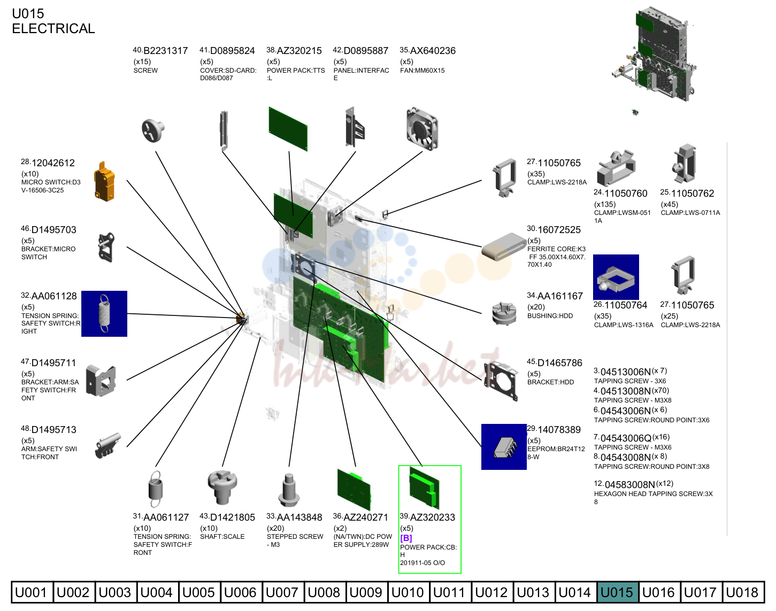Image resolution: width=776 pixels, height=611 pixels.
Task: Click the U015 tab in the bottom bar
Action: tap(617, 592)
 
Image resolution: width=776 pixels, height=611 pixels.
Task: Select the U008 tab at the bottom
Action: tap(324, 592)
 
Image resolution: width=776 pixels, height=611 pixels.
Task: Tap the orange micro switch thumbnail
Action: tap(104, 181)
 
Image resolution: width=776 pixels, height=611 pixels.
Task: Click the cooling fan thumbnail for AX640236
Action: tap(422, 129)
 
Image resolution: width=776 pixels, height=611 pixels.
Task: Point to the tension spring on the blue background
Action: tap(104, 314)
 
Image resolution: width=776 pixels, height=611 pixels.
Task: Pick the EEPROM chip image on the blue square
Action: tap(504, 447)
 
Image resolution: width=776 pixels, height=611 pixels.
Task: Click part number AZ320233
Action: tap(433, 517)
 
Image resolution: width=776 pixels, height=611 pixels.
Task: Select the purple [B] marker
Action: tap(406, 538)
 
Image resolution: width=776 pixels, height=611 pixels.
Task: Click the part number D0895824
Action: tap(232, 51)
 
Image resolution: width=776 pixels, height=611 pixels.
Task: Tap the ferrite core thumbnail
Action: tap(504, 246)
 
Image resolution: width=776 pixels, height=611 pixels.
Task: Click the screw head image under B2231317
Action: tap(153, 130)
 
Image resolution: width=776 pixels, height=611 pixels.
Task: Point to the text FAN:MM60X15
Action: tap(422, 71)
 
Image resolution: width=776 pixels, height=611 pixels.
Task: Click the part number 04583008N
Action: tap(629, 485)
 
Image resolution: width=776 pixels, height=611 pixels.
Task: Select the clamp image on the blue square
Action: tap(616, 277)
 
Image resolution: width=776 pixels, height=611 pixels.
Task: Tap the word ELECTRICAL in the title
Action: tap(53, 28)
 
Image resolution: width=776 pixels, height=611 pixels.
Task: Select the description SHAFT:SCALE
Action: tap(222, 537)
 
